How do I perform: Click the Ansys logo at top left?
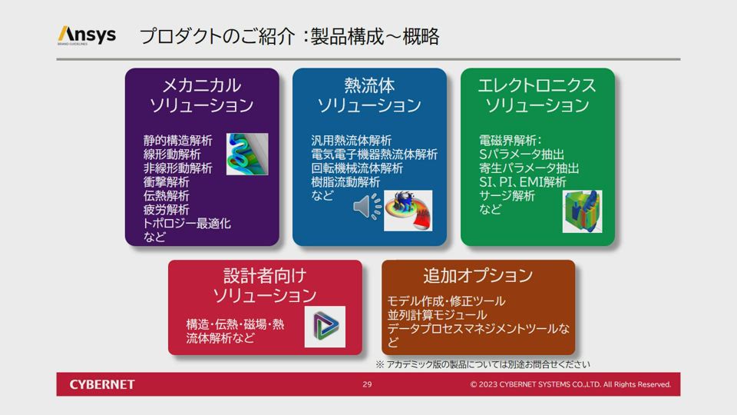point(87,35)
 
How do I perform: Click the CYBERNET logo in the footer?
point(102,384)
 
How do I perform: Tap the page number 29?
point(367,384)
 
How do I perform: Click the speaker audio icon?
point(368,207)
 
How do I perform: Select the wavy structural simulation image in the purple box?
point(247,154)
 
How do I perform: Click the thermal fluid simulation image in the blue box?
point(408,211)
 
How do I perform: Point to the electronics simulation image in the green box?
point(582,211)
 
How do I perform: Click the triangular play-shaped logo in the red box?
point(325,327)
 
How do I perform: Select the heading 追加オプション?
point(478,275)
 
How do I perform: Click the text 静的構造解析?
point(177,140)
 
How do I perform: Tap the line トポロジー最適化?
point(187,223)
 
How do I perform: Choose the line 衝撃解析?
point(166,181)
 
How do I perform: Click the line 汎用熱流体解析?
point(351,140)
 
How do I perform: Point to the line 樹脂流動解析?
point(345,181)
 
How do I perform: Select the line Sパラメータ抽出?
point(522,154)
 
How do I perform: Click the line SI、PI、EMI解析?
point(523,181)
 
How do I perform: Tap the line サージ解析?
point(507,195)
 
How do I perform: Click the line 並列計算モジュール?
point(437,314)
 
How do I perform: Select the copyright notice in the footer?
point(570,384)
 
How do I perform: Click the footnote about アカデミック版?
point(483,364)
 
